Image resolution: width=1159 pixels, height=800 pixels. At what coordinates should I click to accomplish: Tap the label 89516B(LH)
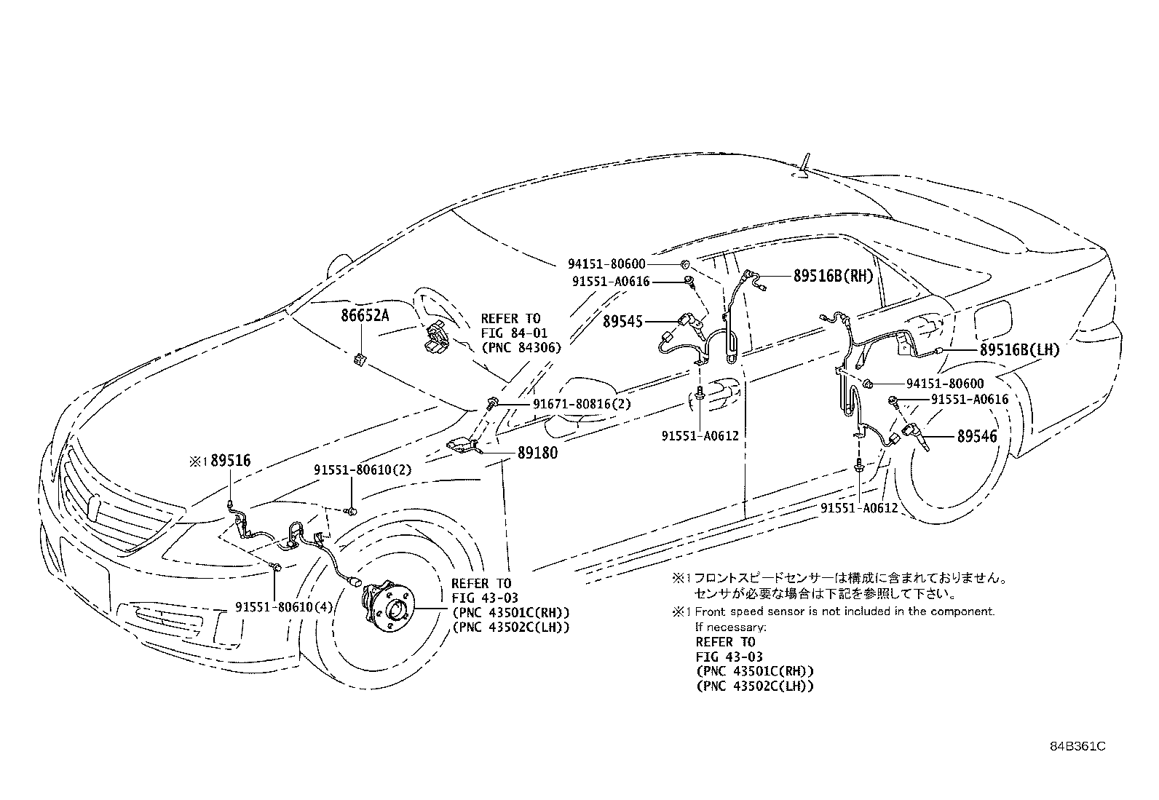point(1019,350)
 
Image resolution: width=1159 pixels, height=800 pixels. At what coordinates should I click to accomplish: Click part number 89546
point(977,436)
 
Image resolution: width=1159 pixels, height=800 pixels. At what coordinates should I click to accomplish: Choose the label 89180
point(537,453)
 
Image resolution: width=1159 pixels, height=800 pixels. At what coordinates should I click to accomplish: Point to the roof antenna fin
point(807,166)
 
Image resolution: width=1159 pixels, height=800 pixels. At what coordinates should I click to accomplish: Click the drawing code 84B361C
point(1077,746)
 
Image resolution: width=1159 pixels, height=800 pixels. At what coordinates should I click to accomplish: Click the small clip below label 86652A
point(360,358)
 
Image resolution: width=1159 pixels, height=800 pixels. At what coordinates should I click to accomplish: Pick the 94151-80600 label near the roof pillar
point(607,264)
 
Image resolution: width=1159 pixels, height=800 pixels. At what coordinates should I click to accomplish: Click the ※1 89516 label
point(221,461)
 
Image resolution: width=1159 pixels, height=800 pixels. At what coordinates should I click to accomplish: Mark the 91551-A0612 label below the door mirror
point(700,436)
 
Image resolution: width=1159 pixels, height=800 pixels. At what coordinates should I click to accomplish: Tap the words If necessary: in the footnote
point(730,627)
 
